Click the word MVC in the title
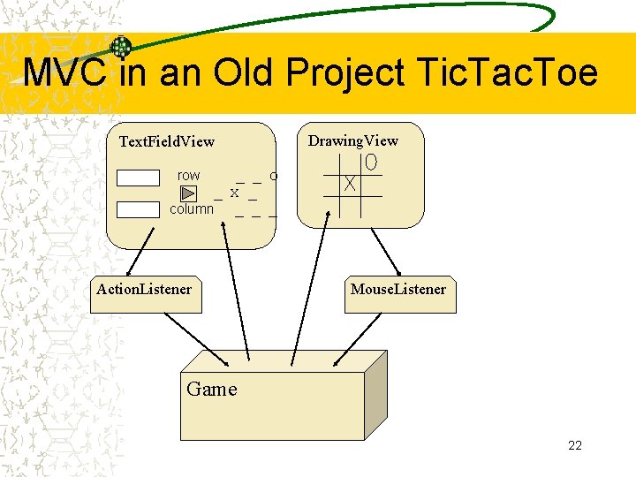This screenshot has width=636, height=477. tap(66, 72)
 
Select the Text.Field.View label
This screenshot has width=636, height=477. tap(166, 141)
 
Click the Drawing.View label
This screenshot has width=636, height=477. tap(352, 140)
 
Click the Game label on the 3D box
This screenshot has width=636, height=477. tap(212, 390)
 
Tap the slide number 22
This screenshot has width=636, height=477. tap(574, 445)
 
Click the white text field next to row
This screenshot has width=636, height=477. tap(138, 177)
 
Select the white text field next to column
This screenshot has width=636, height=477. tap(138, 209)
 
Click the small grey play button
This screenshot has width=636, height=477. tap(188, 193)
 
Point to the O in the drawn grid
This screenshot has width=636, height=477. tap(371, 163)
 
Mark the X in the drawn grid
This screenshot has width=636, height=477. tap(351, 185)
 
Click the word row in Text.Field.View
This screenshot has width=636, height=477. tap(188, 176)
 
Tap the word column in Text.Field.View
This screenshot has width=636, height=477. tap(192, 209)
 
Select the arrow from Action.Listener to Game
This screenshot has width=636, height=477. tap(196, 340)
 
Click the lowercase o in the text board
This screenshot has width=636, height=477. tap(274, 176)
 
